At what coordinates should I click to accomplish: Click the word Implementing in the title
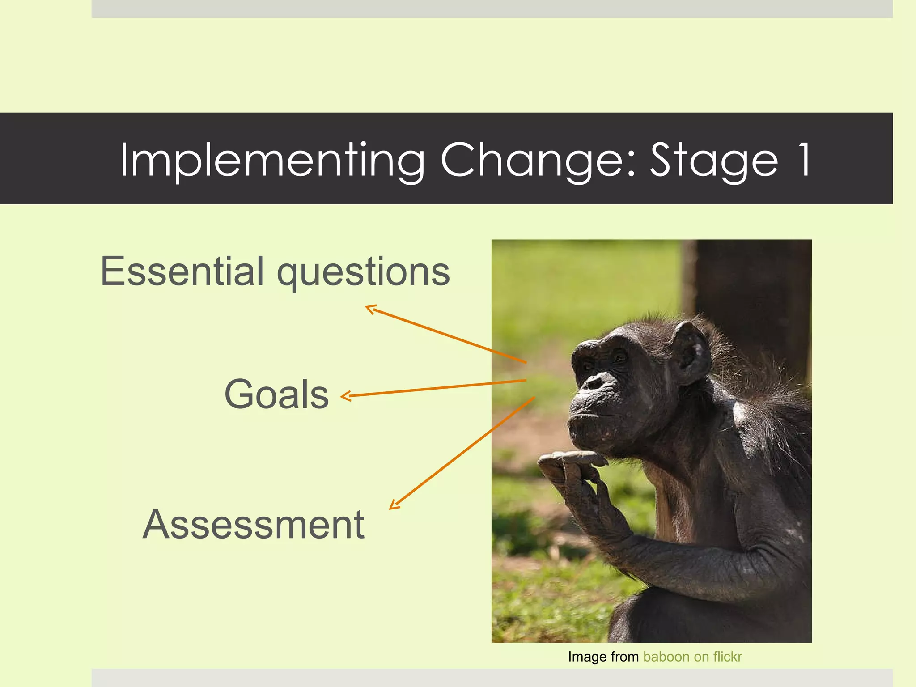point(272,160)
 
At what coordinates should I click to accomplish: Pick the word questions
point(363,272)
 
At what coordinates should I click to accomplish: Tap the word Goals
point(276,394)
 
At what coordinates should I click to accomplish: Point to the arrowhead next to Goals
point(345,396)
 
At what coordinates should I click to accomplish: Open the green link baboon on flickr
point(692,657)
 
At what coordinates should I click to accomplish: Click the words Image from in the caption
point(603,657)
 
